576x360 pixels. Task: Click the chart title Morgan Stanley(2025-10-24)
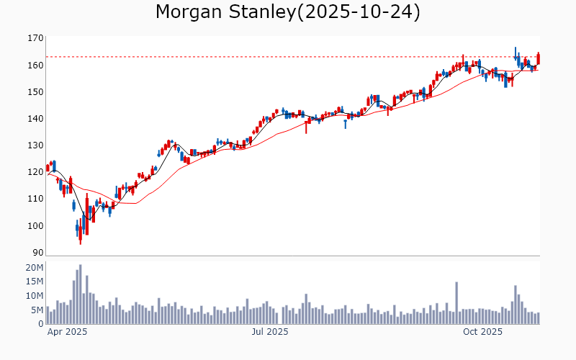288,12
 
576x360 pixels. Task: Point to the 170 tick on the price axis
35,38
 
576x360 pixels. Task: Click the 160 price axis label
35,65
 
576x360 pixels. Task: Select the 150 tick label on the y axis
35,91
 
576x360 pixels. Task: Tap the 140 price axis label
35,118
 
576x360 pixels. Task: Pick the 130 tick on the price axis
35,145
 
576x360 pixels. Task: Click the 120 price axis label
35,172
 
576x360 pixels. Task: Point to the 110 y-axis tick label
35,199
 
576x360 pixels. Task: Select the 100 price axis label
35,225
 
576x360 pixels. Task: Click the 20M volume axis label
35,268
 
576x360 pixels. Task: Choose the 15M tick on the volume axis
35,282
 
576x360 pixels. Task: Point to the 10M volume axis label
35,296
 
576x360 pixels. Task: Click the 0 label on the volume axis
40,324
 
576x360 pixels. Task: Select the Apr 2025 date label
67,332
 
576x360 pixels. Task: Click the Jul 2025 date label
270,332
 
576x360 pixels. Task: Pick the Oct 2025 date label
482,332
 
